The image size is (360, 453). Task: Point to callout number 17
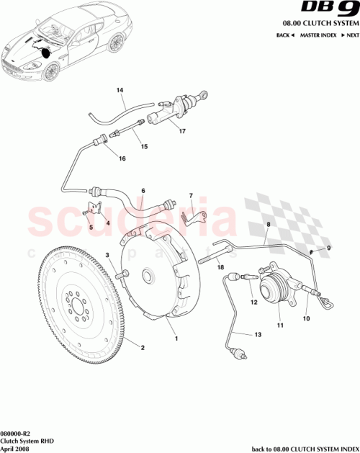click(183, 132)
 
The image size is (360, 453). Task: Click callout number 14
click(120, 90)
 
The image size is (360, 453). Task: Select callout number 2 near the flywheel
click(142, 349)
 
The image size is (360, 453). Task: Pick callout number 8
click(267, 225)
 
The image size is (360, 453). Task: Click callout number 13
click(258, 336)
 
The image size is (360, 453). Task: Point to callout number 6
click(143, 191)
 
